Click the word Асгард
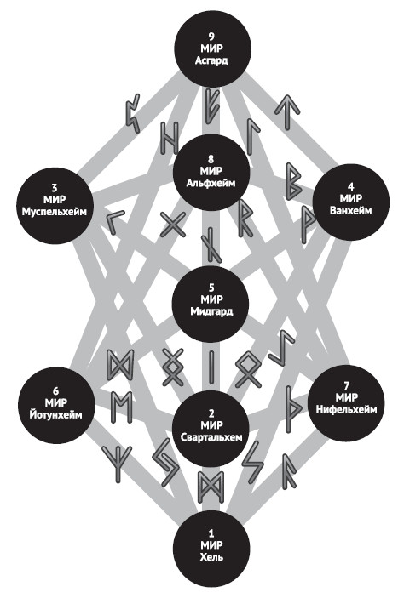(211, 60)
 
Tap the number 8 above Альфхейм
(211, 159)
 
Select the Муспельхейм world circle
(55, 206)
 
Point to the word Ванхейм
(350, 210)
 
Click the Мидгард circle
(211, 304)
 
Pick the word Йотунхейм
(55, 414)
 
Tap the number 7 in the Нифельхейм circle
(346, 385)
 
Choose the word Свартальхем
(211, 437)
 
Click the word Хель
(211, 557)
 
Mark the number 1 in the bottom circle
(211, 533)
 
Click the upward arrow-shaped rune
(286, 111)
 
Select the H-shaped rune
(170, 138)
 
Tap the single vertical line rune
(211, 367)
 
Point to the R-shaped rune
(245, 219)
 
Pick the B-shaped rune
(295, 181)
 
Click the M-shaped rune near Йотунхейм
(122, 407)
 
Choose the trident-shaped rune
(118, 464)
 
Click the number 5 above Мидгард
(211, 288)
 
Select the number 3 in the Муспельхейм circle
(55, 187)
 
